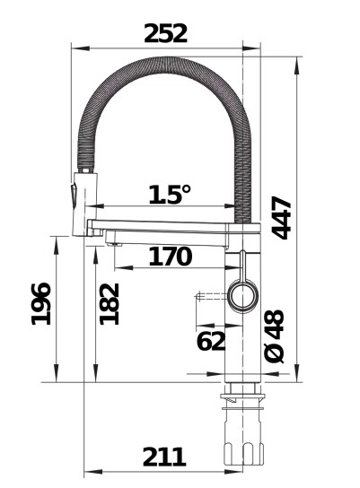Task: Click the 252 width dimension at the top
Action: [x=165, y=33]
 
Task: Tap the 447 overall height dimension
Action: [x=282, y=218]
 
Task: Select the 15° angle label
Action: [x=169, y=195]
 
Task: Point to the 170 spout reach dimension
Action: [x=170, y=257]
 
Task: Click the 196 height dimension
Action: [x=40, y=304]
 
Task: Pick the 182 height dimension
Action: [x=110, y=304]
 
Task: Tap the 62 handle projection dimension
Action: [x=211, y=341]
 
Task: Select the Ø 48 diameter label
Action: [x=275, y=336]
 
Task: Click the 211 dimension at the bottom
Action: [x=164, y=457]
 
